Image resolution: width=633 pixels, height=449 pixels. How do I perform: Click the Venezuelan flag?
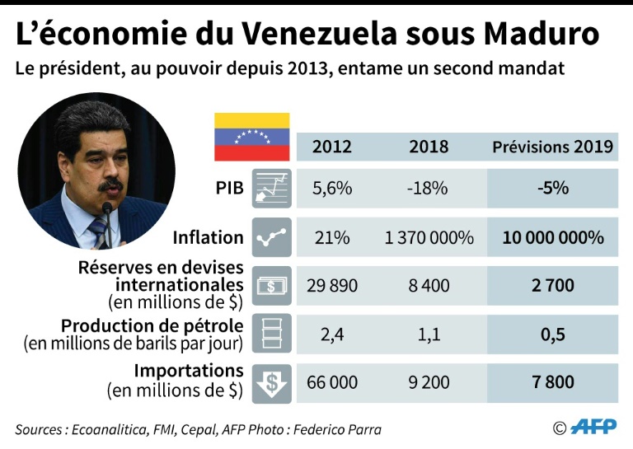[251, 137]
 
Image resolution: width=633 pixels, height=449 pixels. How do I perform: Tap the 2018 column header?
[429, 147]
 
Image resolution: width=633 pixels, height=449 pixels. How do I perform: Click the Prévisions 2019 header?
[552, 147]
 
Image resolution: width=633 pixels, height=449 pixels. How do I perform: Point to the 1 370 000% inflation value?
[429, 237]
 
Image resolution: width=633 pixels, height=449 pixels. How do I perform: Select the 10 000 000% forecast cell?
[552, 237]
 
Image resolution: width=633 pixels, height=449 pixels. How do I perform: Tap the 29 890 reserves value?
[332, 286]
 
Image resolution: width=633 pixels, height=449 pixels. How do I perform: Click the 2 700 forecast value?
[552, 286]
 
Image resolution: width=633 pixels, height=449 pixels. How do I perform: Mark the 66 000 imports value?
[332, 382]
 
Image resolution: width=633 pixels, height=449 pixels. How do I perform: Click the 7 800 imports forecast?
[552, 382]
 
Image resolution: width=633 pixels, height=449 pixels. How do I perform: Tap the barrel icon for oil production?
[271, 334]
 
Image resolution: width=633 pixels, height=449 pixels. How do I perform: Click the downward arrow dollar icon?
[271, 383]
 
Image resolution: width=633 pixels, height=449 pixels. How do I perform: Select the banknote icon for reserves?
[271, 286]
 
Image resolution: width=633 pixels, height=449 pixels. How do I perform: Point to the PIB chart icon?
[271, 189]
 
